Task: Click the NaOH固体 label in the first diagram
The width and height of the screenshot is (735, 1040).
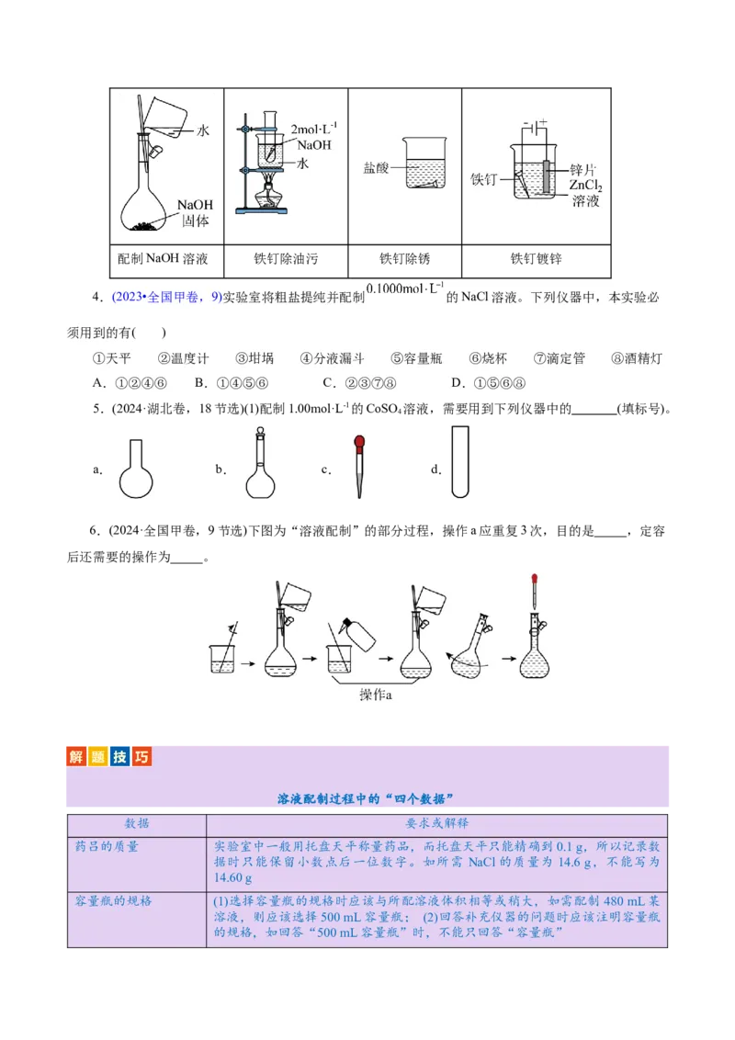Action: [x=195, y=212]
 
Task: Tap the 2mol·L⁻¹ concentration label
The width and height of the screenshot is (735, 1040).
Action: [x=313, y=129]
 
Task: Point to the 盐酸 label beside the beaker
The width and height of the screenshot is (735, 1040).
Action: [x=377, y=168]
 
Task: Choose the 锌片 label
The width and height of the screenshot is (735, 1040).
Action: [x=582, y=170]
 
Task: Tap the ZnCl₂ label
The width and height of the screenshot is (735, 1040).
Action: [x=585, y=186]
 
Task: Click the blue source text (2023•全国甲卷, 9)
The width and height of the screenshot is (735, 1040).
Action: [x=166, y=297]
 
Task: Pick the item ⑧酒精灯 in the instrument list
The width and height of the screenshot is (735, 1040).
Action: [x=636, y=358]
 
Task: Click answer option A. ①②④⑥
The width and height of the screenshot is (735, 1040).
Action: [x=130, y=383]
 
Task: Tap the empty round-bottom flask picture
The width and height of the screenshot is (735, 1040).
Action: [x=140, y=467]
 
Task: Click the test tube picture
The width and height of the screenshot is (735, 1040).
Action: [x=463, y=459]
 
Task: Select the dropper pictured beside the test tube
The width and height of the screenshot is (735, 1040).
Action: [x=356, y=466]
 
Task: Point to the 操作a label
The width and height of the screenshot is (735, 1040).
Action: [x=375, y=695]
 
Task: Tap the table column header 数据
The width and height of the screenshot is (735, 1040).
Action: [x=137, y=823]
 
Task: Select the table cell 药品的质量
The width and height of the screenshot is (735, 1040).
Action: [x=107, y=846]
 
